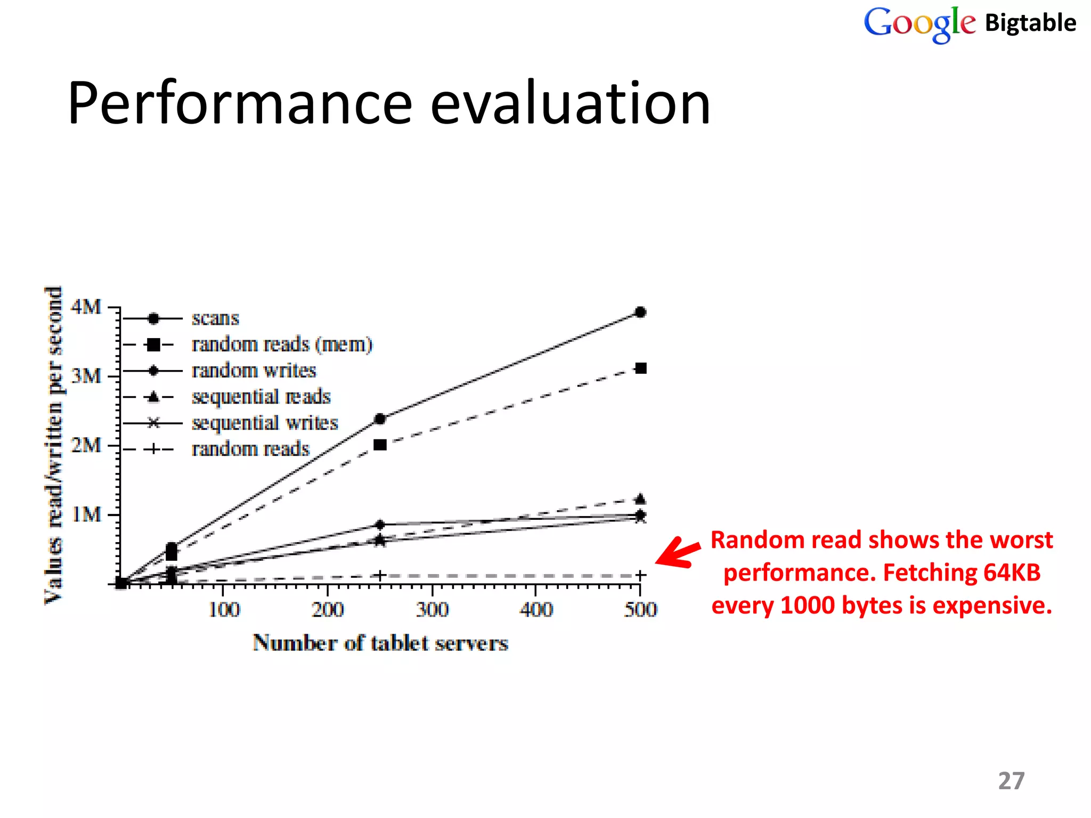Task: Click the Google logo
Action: pyautogui.click(x=919, y=24)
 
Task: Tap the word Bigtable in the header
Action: pyautogui.click(x=1030, y=23)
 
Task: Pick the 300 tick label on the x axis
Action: pyautogui.click(x=432, y=609)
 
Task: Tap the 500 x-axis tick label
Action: pyautogui.click(x=640, y=609)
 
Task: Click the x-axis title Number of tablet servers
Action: pyautogui.click(x=380, y=643)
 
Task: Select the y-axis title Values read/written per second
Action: pyautogui.click(x=54, y=445)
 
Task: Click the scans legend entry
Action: pyautogui.click(x=215, y=318)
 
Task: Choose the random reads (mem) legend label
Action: pyautogui.click(x=282, y=345)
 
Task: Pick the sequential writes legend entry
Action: pyautogui.click(x=265, y=423)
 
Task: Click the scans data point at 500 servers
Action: pyautogui.click(x=641, y=312)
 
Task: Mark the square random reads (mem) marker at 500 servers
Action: pyautogui.click(x=641, y=369)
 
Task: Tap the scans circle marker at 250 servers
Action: pyautogui.click(x=380, y=419)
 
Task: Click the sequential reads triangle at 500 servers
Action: pyautogui.click(x=641, y=499)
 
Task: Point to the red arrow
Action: pyautogui.click(x=678, y=553)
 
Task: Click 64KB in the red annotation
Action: pyautogui.click(x=1012, y=573)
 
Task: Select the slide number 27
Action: pyautogui.click(x=1011, y=781)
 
